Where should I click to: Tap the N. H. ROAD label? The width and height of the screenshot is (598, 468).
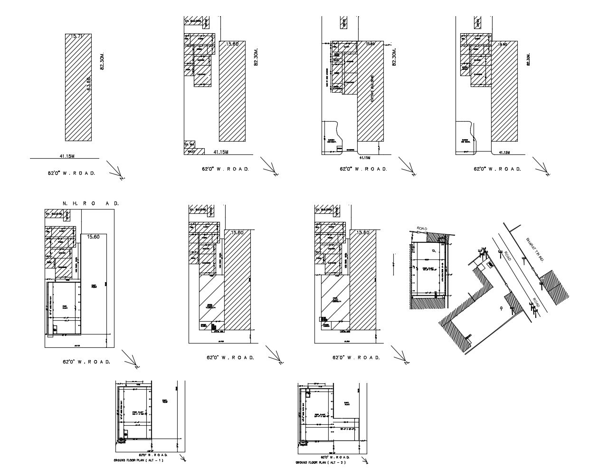coord(90,203)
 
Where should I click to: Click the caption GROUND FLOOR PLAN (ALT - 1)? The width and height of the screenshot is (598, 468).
coord(138,460)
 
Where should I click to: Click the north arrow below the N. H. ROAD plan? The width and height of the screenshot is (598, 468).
coord(131,359)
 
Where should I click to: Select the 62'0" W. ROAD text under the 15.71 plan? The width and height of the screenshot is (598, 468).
coord(71,173)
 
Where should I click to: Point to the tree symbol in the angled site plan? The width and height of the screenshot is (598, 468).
coord(502,309)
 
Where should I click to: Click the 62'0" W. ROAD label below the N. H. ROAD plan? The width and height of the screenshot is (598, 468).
coord(86,362)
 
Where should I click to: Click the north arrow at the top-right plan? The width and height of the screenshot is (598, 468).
coord(542,166)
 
